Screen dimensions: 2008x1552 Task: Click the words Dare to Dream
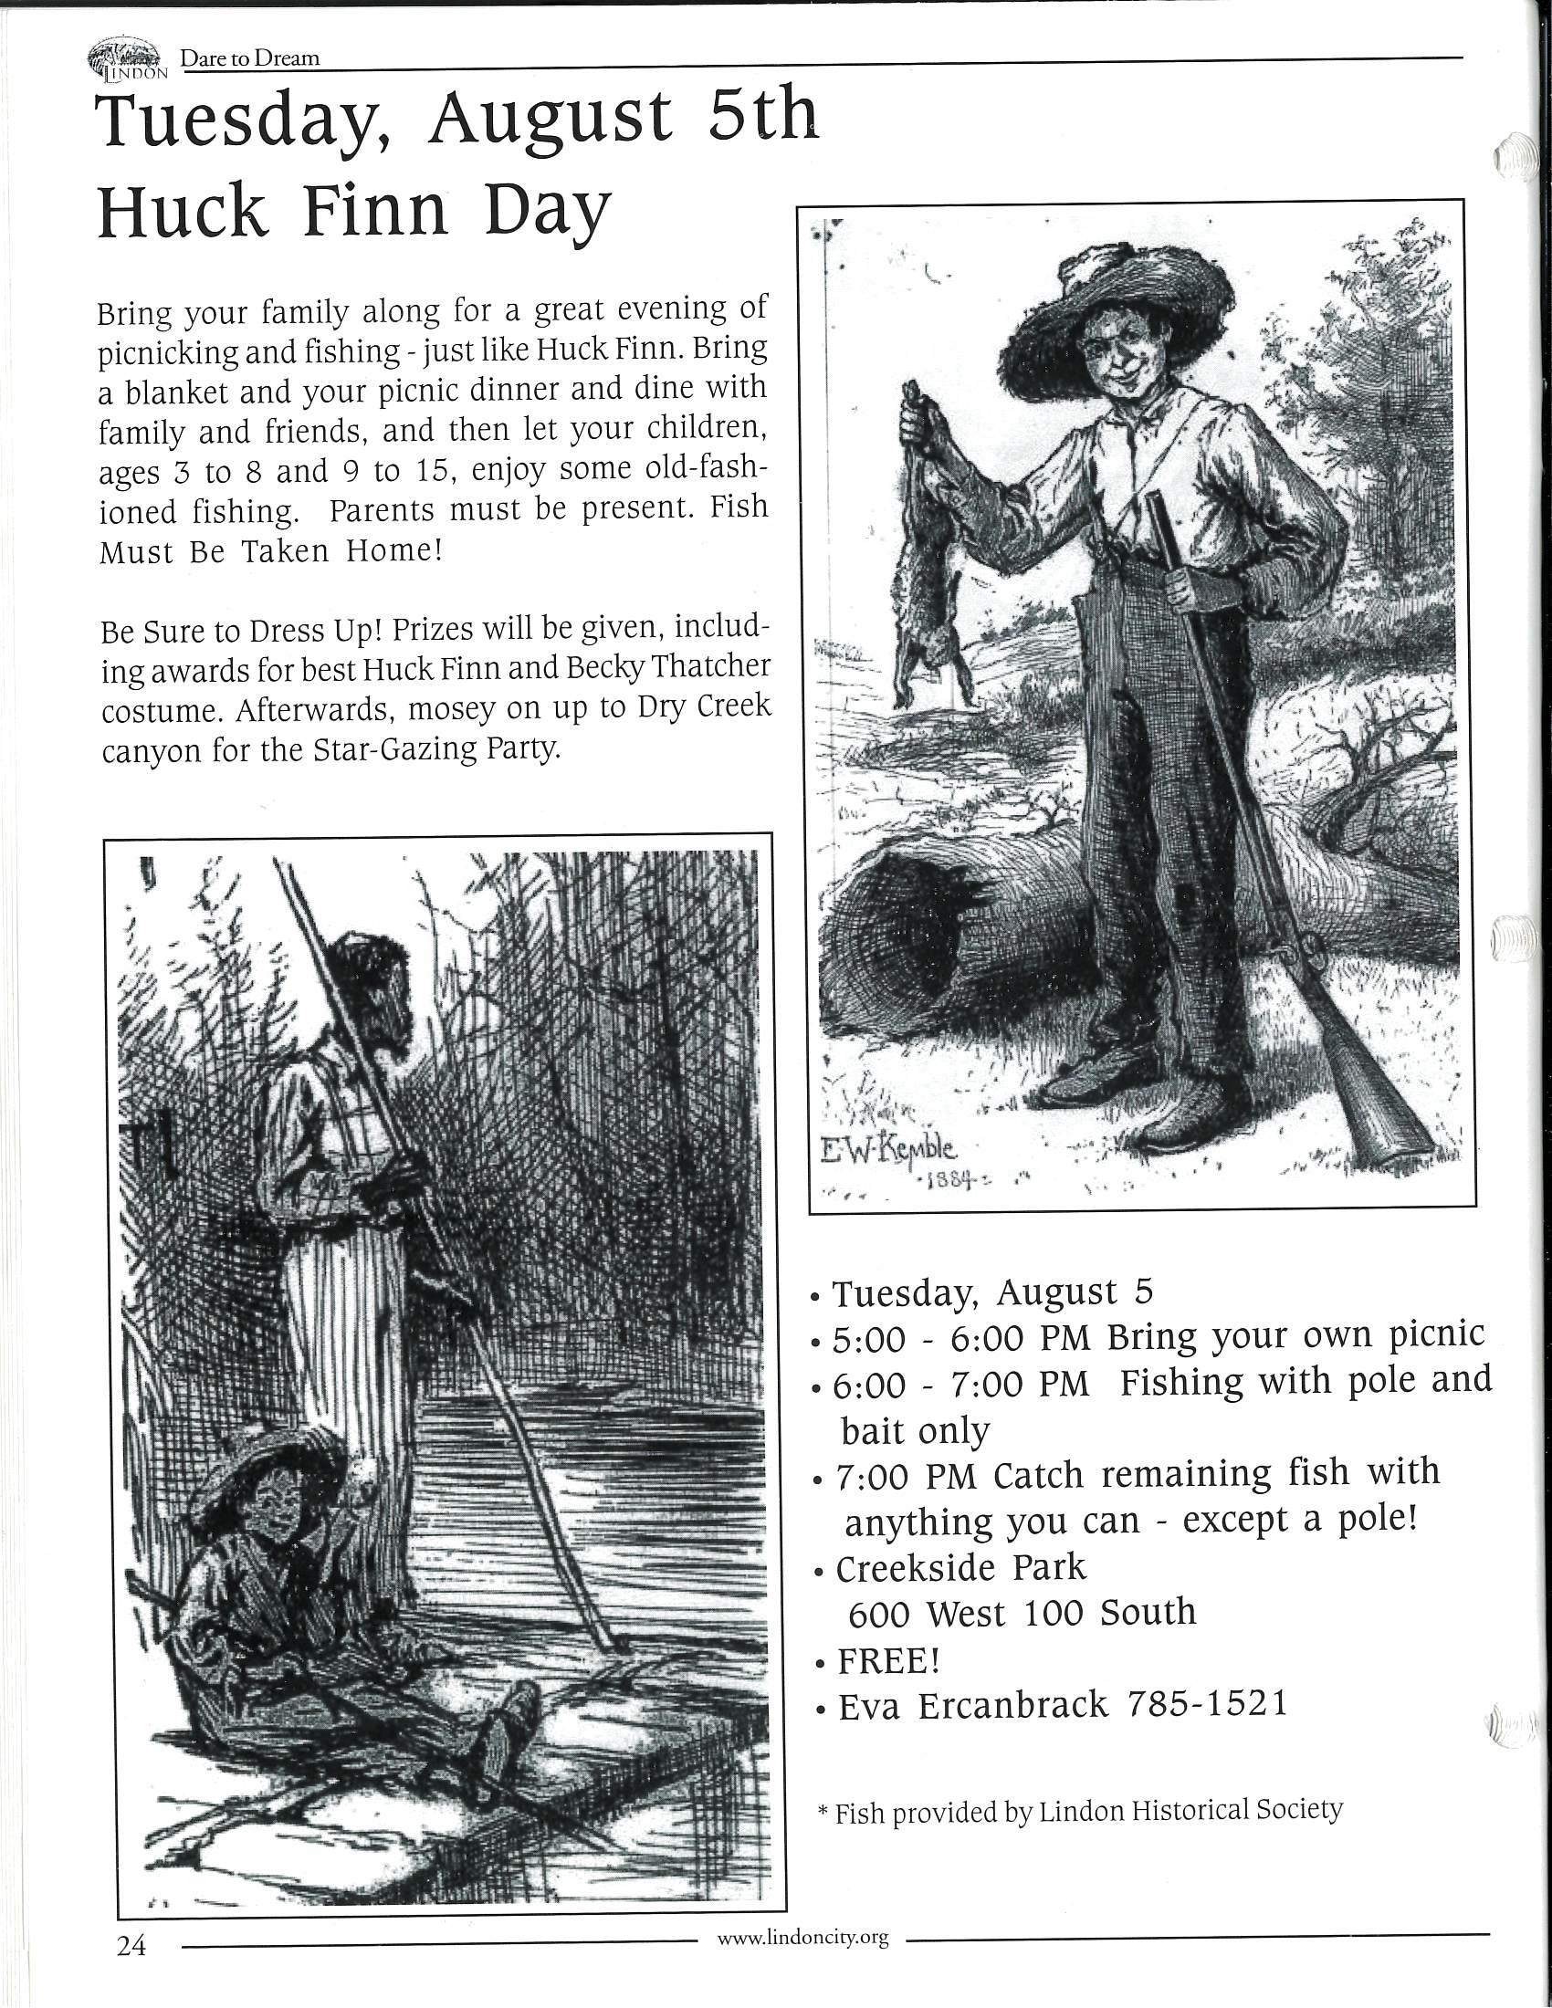pos(250,58)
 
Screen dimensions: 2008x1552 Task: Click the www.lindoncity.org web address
pos(802,1937)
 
